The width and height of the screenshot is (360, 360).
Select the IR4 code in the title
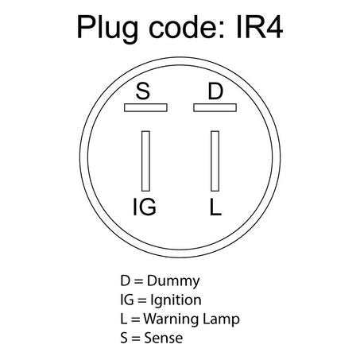point(260,27)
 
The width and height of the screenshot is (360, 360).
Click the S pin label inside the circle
point(143,91)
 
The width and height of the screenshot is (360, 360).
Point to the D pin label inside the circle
point(215,91)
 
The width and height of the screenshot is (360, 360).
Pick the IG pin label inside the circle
point(145,207)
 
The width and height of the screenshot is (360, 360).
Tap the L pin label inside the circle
point(215,207)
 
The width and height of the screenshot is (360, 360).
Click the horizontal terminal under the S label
point(145,107)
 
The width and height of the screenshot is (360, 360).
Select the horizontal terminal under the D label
point(215,107)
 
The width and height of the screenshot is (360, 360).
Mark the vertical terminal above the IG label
point(145,161)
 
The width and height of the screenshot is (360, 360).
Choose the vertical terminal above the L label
point(215,161)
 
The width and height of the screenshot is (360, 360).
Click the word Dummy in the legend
point(173,281)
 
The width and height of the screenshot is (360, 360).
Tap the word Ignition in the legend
point(176,300)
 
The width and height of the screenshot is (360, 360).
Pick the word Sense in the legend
point(164,338)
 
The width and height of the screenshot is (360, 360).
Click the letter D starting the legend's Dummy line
point(126,281)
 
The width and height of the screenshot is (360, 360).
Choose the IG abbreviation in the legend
point(127,300)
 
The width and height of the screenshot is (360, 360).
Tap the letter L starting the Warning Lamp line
point(124,319)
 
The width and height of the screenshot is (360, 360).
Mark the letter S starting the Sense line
point(124,338)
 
